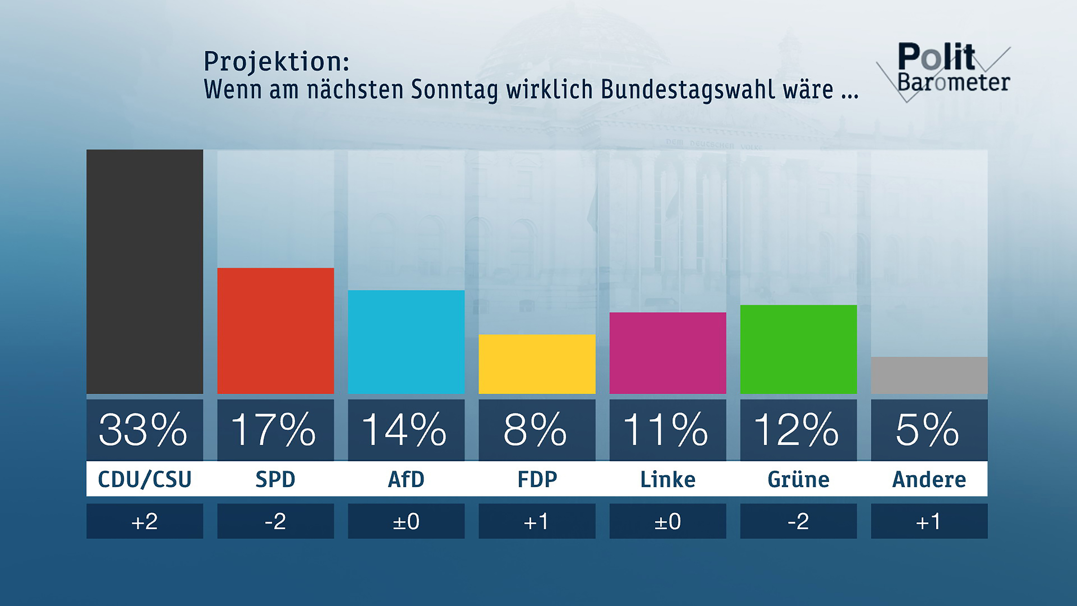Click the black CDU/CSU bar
[145, 272]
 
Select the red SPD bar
[275, 330]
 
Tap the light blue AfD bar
[406, 342]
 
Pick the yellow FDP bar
[537, 364]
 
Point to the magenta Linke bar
[668, 353]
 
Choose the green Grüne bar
[798, 349]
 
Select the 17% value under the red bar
[274, 430]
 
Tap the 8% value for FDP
[535, 430]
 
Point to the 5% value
[927, 430]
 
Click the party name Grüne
[798, 479]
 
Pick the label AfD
[406, 479]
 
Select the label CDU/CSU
[145, 479]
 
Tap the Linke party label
[668, 479]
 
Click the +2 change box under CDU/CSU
[145, 521]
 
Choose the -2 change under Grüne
[798, 521]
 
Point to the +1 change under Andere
[929, 521]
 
